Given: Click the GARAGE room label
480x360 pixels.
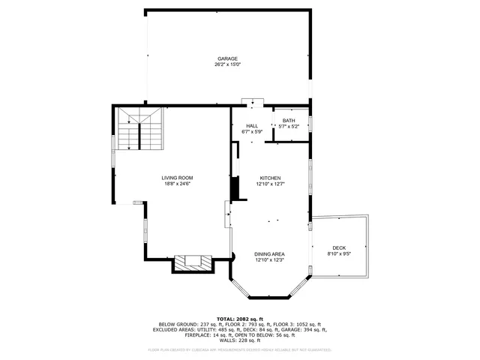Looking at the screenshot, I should coord(227,58).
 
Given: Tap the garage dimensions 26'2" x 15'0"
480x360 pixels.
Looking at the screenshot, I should coord(227,64).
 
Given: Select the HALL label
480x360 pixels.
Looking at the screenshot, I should coord(252,126).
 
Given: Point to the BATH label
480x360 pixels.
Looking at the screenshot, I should coord(289,121).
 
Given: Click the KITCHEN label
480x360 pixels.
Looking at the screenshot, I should coord(270,178).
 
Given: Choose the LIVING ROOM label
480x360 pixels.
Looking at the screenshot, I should coord(177,178).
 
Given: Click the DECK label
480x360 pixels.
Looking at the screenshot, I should coord(339,248).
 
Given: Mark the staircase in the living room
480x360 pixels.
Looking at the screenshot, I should coord(139,128).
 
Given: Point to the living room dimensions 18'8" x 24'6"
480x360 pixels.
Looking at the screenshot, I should coord(177,184).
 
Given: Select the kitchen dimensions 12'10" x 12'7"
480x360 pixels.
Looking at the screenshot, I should coord(270,184).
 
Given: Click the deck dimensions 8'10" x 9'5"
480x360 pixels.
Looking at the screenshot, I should coord(339,254).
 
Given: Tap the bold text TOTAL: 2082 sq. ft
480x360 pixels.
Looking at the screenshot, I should coord(239,318).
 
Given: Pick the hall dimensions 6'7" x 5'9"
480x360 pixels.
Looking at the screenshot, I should coord(252,132).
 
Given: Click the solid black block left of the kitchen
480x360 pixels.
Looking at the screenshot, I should coord(234,188).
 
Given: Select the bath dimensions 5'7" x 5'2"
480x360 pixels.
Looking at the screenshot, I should coord(289,127).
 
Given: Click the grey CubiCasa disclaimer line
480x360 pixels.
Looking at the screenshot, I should coord(239,349).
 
